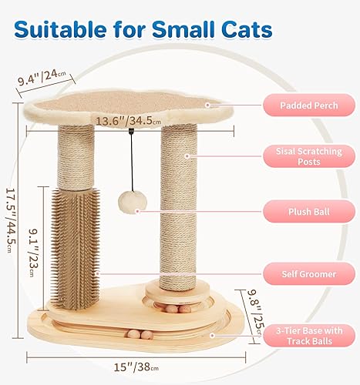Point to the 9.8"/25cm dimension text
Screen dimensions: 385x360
click(x=257, y=307)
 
